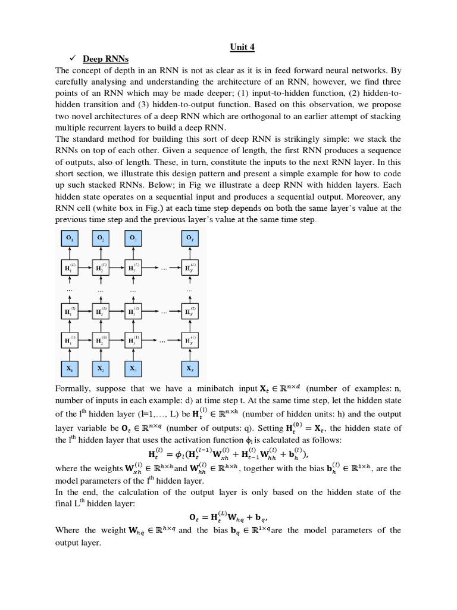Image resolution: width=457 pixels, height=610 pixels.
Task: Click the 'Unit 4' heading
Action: pyautogui.click(x=242, y=47)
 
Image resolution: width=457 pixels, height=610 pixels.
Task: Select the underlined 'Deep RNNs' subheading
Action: pyautogui.click(x=106, y=59)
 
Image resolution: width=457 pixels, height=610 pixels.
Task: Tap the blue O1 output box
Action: pyautogui.click(x=70, y=238)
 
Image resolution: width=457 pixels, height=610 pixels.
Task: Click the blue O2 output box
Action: pyautogui.click(x=101, y=238)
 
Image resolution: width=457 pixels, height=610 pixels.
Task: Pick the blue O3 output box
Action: pyautogui.click(x=133, y=238)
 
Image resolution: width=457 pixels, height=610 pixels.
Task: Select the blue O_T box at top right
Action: pyautogui.click(x=190, y=238)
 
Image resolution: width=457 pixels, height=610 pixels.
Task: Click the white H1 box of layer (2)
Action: pyautogui.click(x=70, y=311)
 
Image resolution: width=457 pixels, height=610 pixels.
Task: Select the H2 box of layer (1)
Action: pyautogui.click(x=101, y=340)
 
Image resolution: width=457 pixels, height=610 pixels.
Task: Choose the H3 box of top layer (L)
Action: pyautogui.click(x=133, y=267)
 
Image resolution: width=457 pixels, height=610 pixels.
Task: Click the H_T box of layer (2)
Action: pyautogui.click(x=190, y=311)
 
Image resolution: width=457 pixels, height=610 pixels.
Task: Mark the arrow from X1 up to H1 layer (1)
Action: pyautogui.click(x=70, y=354)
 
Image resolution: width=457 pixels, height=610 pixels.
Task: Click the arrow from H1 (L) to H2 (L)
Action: pyautogui.click(x=85, y=267)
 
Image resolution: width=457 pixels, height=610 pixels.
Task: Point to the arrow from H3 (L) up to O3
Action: pyautogui.click(x=133, y=253)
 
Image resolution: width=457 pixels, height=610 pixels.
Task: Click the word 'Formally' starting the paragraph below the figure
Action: pyautogui.click(x=72, y=389)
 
